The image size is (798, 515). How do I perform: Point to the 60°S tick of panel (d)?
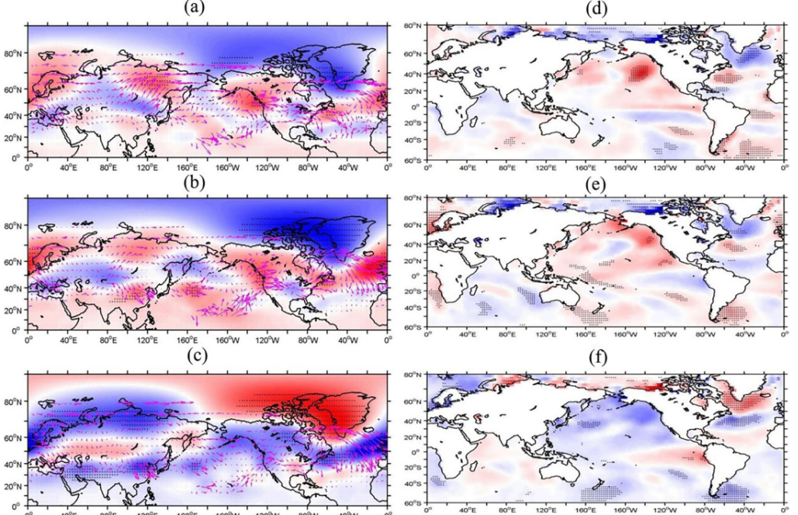click(414, 160)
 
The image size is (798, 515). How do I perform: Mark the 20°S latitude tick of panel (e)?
click(414, 292)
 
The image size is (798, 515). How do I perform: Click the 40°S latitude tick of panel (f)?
click(414, 485)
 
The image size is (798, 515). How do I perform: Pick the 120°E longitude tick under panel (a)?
click(147, 168)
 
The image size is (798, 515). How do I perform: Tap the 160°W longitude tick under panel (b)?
click(227, 340)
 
